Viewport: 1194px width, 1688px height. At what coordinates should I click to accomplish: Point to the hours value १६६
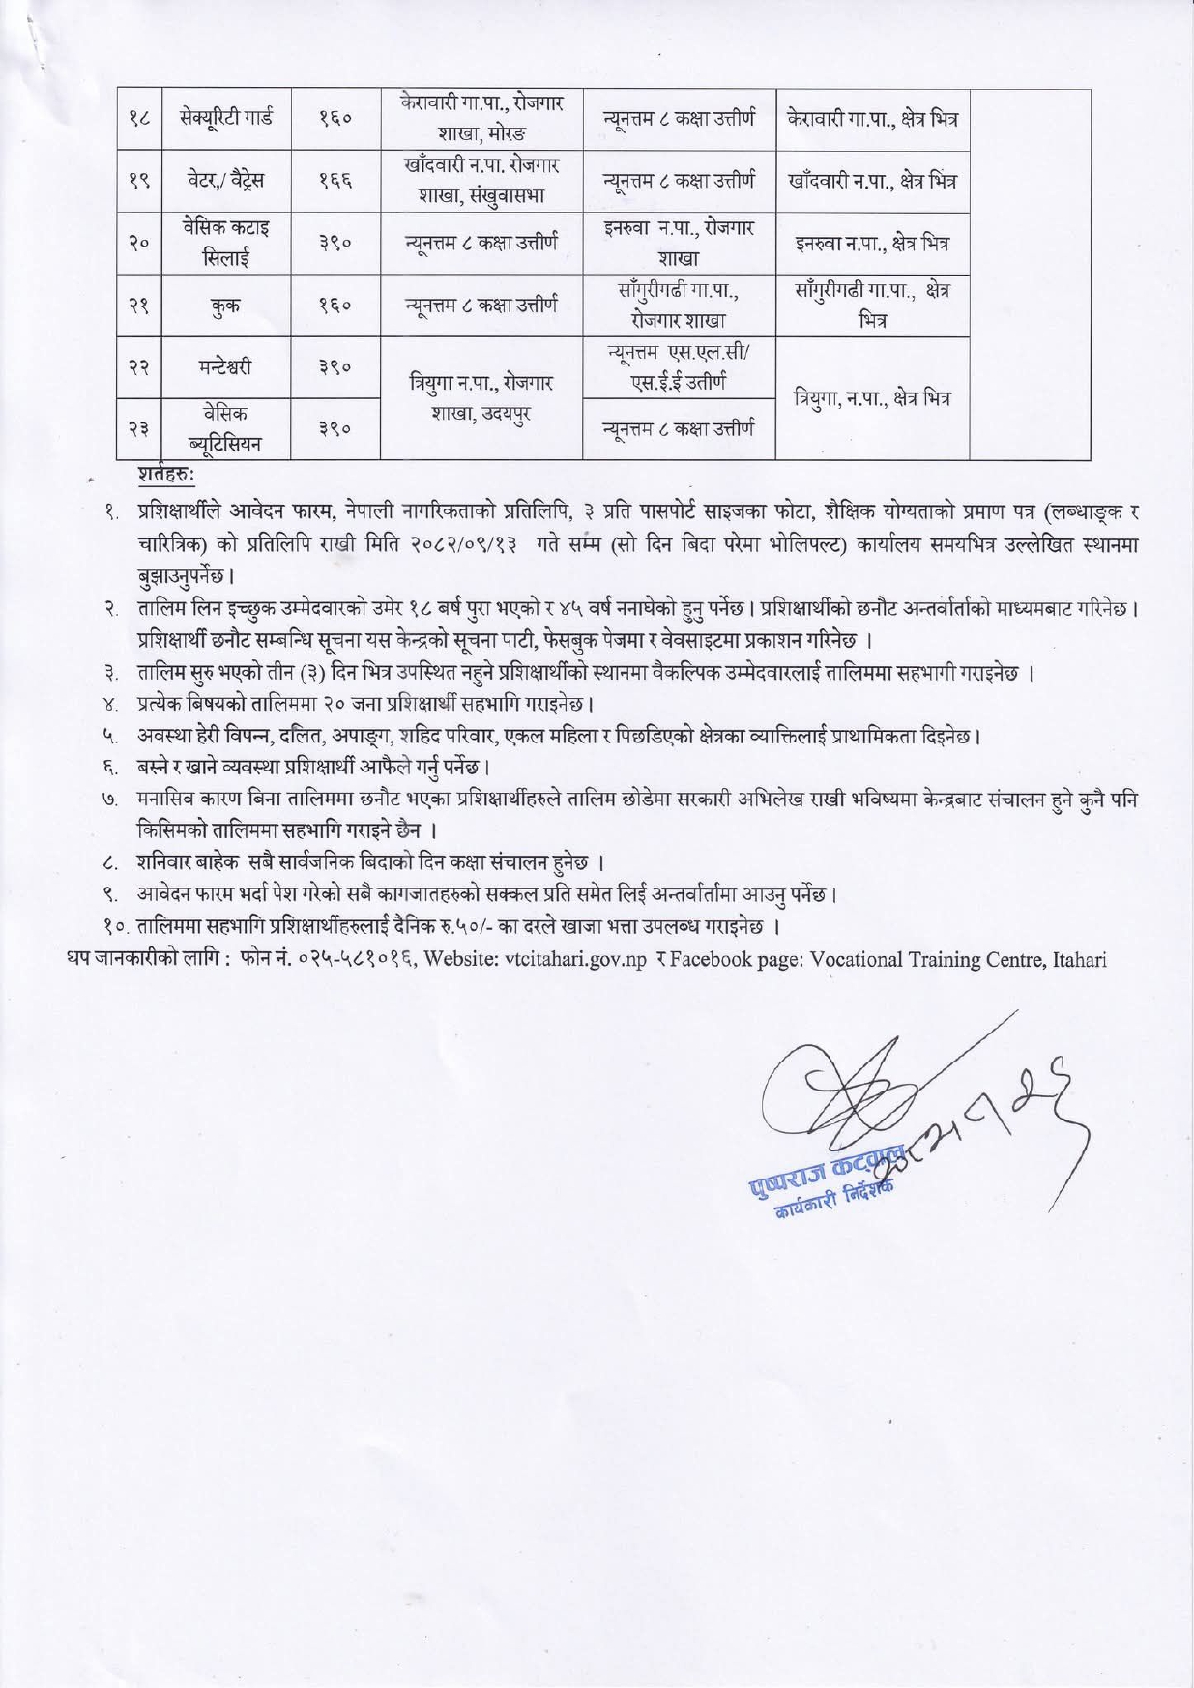click(x=335, y=181)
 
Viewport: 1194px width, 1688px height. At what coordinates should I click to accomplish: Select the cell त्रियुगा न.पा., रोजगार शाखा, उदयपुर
click(x=481, y=398)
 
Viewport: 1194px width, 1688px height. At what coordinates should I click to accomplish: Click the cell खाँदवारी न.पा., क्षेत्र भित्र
click(x=871, y=181)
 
